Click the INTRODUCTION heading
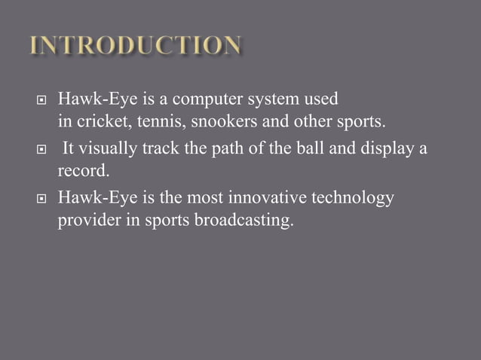136,46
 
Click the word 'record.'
79,173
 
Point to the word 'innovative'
260,198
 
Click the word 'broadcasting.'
240,223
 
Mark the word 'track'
161,148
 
